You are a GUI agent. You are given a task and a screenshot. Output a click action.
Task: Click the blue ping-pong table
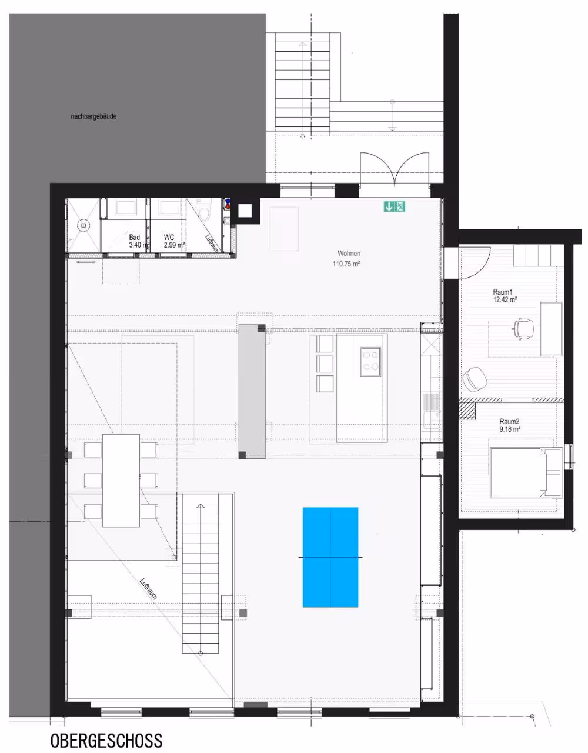pyautogui.click(x=330, y=557)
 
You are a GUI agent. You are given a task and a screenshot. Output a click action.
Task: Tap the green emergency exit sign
pyautogui.click(x=394, y=206)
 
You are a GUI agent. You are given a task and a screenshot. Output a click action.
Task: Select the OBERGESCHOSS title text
pyautogui.click(x=106, y=741)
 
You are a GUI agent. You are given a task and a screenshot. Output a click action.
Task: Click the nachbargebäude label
pyautogui.click(x=93, y=116)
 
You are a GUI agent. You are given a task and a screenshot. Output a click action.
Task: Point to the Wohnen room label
pyautogui.click(x=349, y=254)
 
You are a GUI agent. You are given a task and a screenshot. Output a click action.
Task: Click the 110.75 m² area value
pyautogui.click(x=346, y=264)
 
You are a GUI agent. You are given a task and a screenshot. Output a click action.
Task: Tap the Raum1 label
pyautogui.click(x=503, y=292)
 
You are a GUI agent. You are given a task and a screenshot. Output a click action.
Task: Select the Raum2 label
pyautogui.click(x=509, y=422)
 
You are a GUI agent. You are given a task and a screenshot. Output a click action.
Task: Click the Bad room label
pyautogui.click(x=135, y=237)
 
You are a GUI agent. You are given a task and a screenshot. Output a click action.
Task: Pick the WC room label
pyautogui.click(x=169, y=237)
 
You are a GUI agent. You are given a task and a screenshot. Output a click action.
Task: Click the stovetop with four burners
pyautogui.click(x=370, y=362)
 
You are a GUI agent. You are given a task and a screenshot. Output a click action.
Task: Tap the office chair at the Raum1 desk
pyautogui.click(x=523, y=328)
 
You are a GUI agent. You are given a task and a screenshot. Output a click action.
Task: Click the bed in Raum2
pyautogui.click(x=525, y=472)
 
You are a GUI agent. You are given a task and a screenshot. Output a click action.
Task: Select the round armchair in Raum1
pyautogui.click(x=475, y=379)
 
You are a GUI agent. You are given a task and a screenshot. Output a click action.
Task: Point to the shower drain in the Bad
pyautogui.click(x=83, y=225)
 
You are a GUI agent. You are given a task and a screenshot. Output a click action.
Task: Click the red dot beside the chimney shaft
pyautogui.click(x=228, y=206)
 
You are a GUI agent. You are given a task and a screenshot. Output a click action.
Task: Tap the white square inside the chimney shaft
pyautogui.click(x=245, y=211)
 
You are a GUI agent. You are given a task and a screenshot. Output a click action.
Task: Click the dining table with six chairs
pyautogui.click(x=121, y=481)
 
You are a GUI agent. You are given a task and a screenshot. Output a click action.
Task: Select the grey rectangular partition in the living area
pyautogui.click(x=252, y=391)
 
